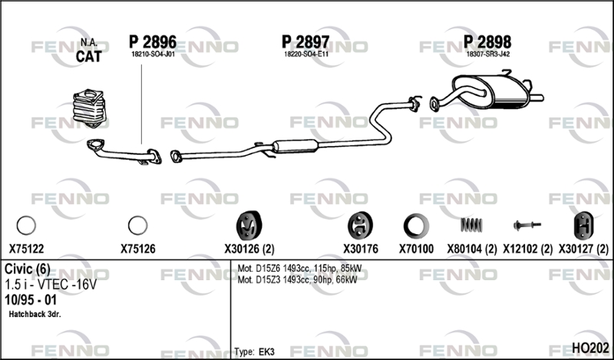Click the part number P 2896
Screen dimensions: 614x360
pos(153,42)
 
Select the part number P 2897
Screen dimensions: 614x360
pos(305,42)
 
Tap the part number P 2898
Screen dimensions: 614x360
pos(487,42)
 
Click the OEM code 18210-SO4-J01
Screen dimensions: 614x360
pos(153,54)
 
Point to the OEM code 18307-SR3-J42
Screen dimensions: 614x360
pos(488,54)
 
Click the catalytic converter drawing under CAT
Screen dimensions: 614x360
pos(89,108)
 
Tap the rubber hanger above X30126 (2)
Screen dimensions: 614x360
pos(249,226)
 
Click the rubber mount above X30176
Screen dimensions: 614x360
pos(360,226)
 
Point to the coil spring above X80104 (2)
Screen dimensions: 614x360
pos(471,225)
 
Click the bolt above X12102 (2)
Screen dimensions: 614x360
pos(527,225)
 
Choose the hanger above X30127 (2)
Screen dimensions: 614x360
pos(583,226)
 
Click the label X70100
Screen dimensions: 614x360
pos(416,249)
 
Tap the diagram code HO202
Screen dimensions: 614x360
pos(590,348)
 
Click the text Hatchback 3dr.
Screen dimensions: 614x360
pos(35,314)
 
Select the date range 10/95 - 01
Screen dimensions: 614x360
pos(31,299)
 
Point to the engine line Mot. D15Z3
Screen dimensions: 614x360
pos(297,279)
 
